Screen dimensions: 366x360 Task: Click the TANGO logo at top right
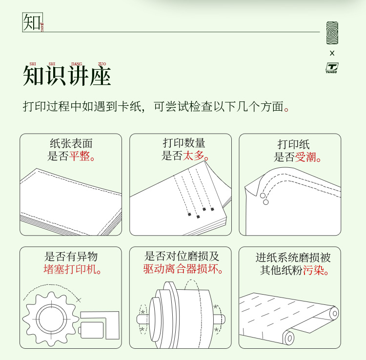coord(332,68)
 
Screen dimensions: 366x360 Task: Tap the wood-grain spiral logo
coord(332,33)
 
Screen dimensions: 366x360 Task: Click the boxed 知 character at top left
coord(32,22)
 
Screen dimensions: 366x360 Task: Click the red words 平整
coord(80,156)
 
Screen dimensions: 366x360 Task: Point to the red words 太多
coord(194,156)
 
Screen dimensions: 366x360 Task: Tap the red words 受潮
coord(305,157)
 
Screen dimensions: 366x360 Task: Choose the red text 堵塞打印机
coord(70,269)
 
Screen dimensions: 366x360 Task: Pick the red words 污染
coord(313,270)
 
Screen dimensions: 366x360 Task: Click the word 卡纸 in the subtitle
coord(129,106)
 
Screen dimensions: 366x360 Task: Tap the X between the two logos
coord(332,53)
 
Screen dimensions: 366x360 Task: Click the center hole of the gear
coord(51,319)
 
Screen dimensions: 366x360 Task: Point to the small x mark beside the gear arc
coord(79,300)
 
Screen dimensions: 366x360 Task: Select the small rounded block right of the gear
coord(91,330)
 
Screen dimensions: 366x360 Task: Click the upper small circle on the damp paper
coord(263,196)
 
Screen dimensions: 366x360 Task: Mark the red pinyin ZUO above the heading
coord(102,64)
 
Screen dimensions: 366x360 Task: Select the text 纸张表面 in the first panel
coord(71,143)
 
